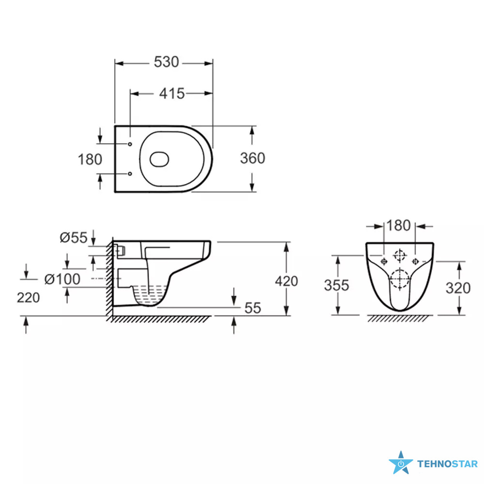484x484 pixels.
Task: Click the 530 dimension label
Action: [166, 62]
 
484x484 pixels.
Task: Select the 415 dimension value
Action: [172, 93]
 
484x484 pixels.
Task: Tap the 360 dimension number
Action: [253, 158]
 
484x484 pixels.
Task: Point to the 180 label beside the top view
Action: [90, 160]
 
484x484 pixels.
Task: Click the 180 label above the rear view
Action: [398, 226]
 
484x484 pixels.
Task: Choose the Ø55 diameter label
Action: [74, 238]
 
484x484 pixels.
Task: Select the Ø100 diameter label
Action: [62, 279]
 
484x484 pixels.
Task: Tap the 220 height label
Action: [28, 298]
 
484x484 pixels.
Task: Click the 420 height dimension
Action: [287, 281]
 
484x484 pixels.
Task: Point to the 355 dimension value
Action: [336, 285]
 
